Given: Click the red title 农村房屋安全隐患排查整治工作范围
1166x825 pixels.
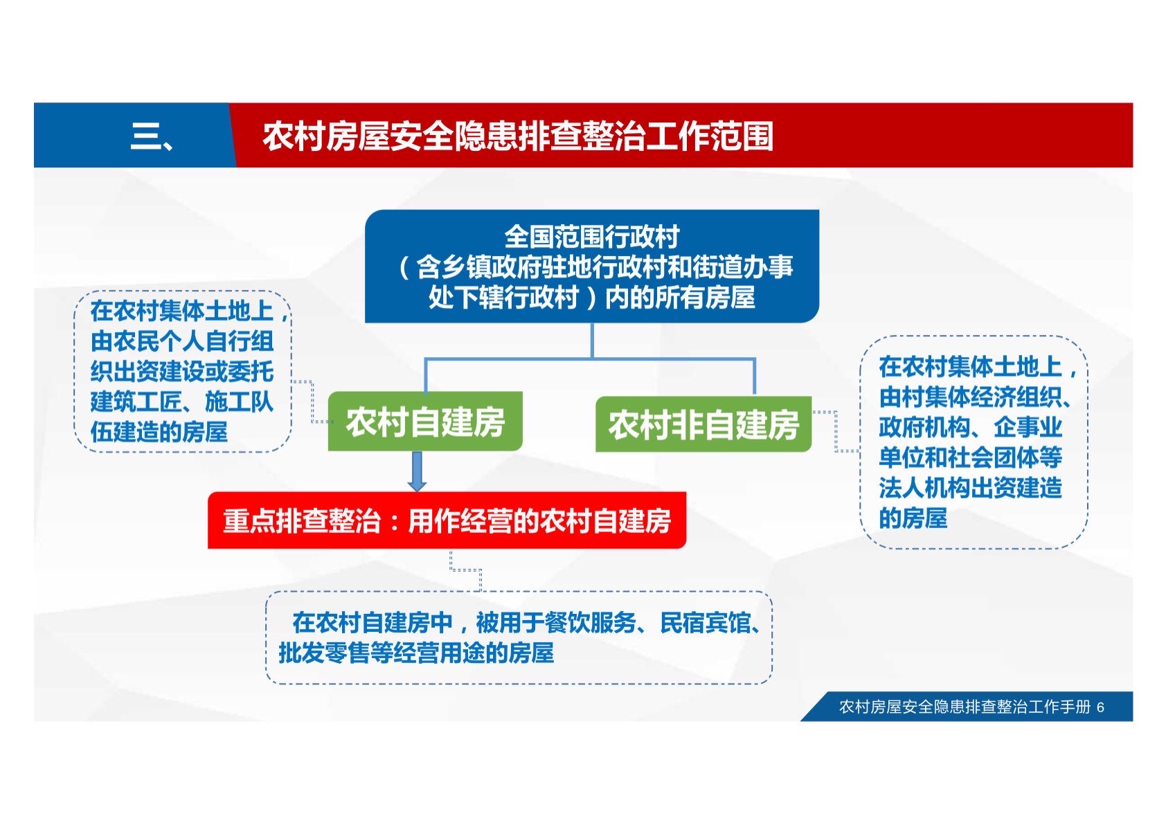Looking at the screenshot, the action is tap(517, 137).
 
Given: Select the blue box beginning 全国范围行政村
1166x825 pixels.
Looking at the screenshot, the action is tap(592, 266).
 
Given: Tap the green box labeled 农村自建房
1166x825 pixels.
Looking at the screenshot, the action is tap(425, 421).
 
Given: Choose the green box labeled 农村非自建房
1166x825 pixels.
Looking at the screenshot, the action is tap(703, 424).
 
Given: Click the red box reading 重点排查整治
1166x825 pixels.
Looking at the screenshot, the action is tap(447, 520).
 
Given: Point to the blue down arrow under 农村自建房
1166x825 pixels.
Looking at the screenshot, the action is tap(417, 471).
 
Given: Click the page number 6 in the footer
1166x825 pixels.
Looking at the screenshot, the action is tap(1100, 707).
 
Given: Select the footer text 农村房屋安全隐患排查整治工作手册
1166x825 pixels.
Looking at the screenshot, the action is tap(965, 707).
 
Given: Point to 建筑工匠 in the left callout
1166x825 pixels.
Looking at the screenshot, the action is tap(136, 401).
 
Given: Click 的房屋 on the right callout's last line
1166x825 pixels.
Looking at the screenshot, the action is tap(913, 518).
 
